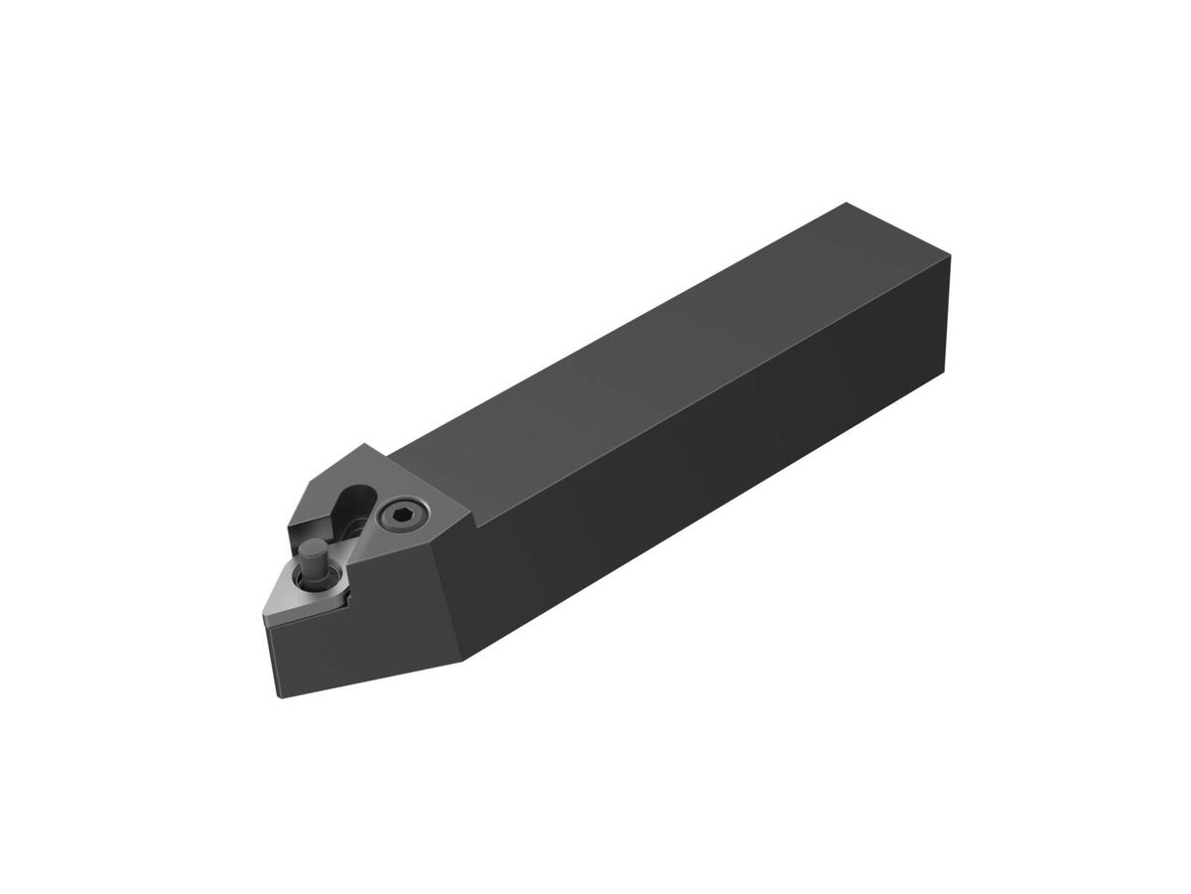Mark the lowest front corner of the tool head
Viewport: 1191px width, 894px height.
(281, 696)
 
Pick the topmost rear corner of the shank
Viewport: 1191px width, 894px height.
(846, 204)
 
